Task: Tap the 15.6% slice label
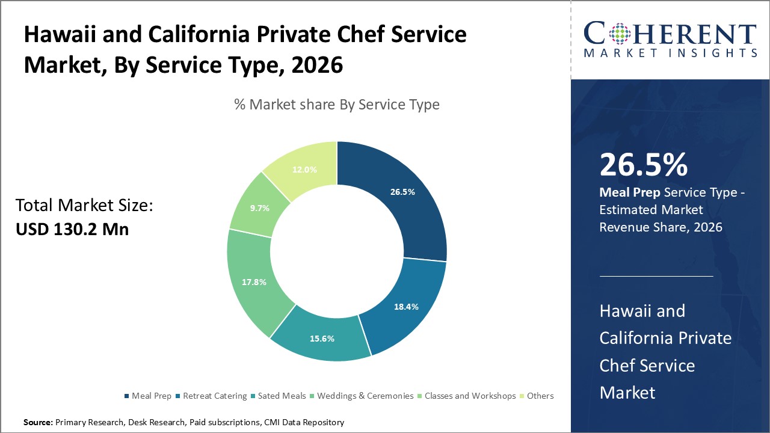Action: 322,339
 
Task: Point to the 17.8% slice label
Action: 254,281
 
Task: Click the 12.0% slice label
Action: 304,170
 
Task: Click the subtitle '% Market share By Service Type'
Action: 337,105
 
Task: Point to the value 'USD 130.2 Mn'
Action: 72,229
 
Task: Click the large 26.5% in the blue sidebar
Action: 643,164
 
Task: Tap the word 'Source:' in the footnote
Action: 38,423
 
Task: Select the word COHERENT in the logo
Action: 670,33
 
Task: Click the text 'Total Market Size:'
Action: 84,206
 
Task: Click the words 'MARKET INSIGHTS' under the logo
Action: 670,54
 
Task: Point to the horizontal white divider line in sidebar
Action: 656,277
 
